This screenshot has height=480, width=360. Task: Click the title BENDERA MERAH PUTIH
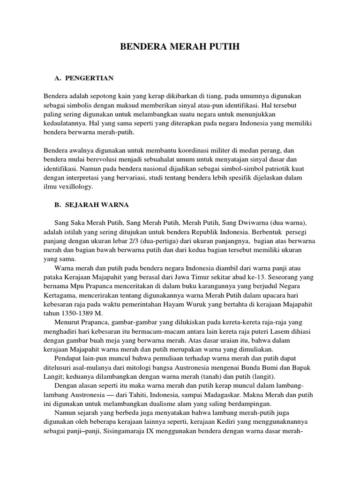coord(180,47)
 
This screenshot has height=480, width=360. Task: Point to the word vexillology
coord(76,187)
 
